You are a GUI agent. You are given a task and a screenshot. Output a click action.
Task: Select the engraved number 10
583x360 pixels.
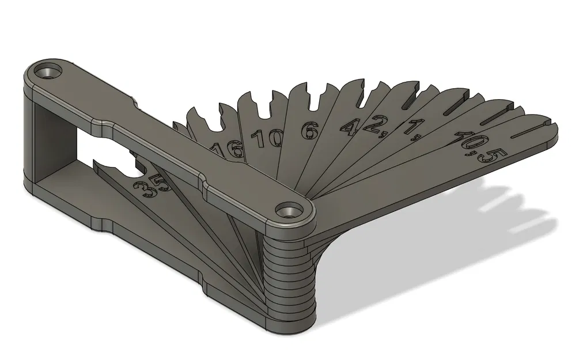pos(265,138)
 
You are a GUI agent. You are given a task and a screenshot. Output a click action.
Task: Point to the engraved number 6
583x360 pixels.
pos(309,131)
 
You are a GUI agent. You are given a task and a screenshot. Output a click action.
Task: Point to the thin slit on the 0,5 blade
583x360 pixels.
pos(531,131)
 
